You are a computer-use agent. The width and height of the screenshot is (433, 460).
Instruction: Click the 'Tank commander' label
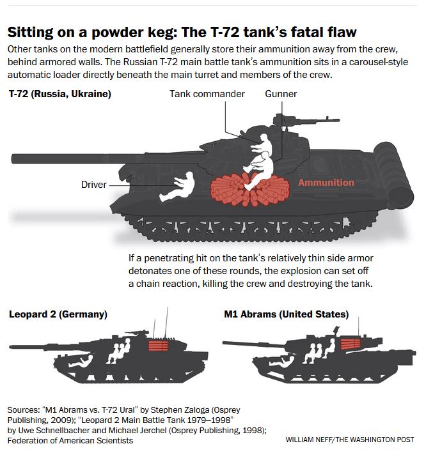207,94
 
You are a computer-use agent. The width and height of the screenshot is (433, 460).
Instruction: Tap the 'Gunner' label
281,94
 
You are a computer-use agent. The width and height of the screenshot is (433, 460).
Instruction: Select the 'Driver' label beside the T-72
94,185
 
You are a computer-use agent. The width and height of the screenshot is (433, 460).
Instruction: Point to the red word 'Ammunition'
326,183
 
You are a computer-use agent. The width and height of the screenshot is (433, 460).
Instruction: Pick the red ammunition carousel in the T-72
250,189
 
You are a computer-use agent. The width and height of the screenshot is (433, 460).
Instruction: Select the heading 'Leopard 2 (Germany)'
58,314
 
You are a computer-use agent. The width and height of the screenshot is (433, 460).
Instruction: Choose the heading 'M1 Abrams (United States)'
286,314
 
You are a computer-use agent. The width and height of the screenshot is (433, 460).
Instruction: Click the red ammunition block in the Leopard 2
159,346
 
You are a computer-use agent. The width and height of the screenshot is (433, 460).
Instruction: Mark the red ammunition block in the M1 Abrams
350,344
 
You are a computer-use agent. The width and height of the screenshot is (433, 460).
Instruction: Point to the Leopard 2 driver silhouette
81,361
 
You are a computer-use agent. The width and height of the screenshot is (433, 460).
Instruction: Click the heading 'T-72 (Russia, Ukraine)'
60,94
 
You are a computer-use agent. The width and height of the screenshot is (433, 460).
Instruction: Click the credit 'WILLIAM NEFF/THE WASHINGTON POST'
350,440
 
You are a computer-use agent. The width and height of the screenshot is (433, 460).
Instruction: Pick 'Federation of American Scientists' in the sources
70,441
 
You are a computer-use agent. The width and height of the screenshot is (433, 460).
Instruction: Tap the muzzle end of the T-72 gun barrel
13,158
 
